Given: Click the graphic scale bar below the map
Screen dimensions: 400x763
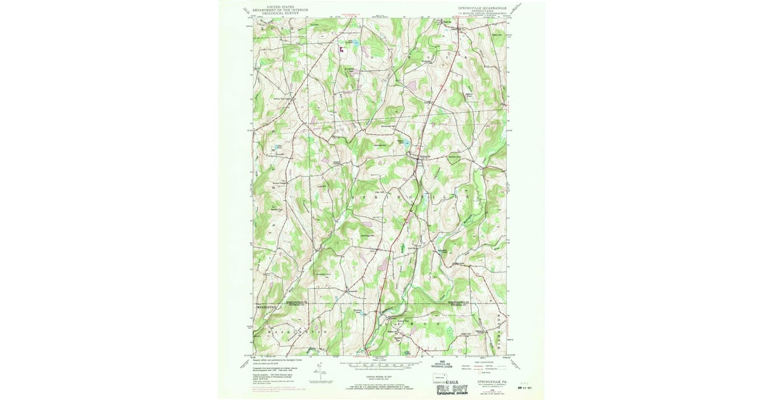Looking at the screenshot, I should click(x=382, y=366).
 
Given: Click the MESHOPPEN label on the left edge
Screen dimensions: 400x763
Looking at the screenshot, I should click(x=268, y=305).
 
